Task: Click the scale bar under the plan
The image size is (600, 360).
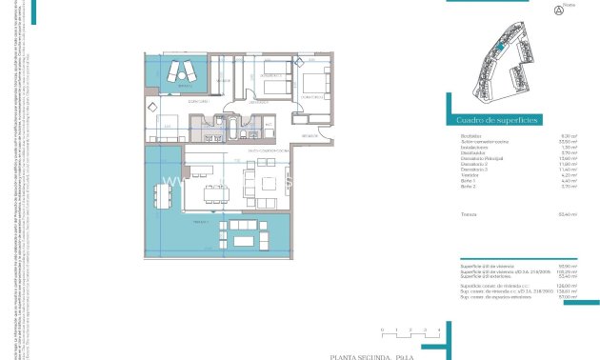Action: click(410, 333)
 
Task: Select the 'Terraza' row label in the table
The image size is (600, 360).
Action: click(467, 214)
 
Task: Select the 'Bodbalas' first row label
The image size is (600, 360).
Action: click(469, 136)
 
